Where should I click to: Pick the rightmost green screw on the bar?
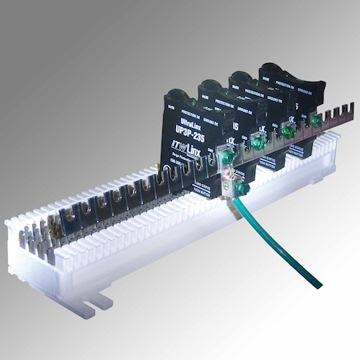click(x=316, y=122)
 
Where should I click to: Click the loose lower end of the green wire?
click(x=318, y=284)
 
